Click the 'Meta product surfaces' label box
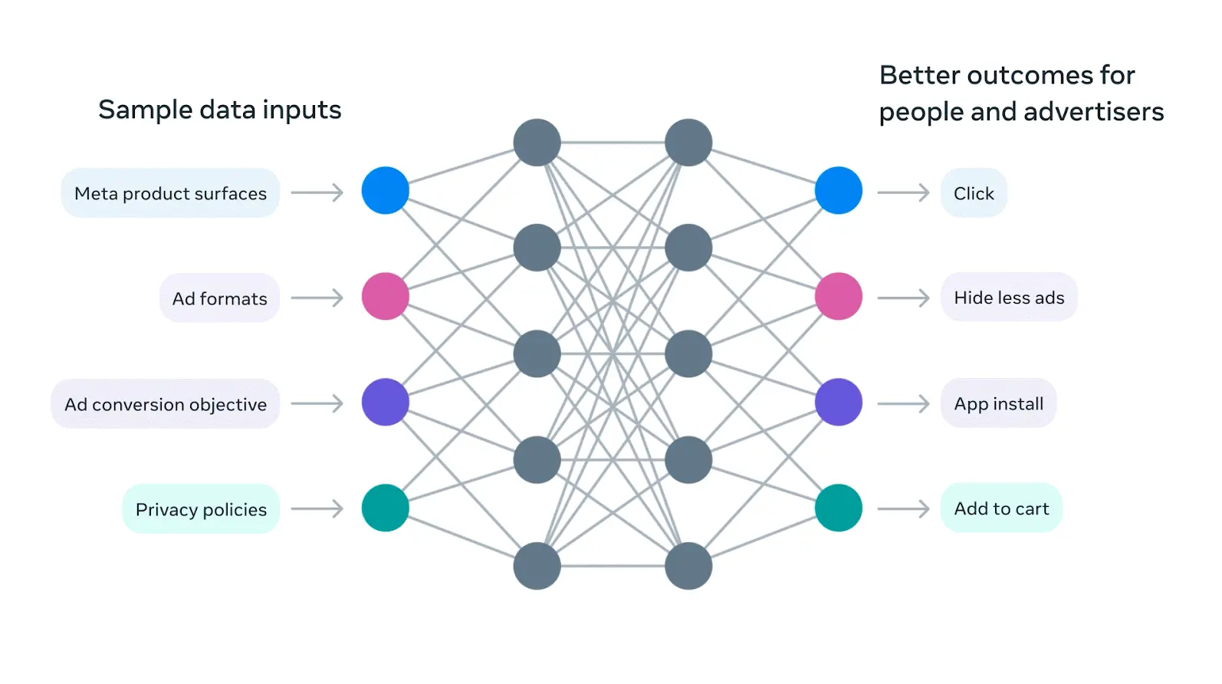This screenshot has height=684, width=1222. click(x=170, y=193)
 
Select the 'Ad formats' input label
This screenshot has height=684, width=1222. click(x=219, y=298)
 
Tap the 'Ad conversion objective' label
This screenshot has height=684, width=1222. click(x=166, y=404)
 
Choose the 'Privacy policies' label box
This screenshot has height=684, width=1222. click(x=201, y=509)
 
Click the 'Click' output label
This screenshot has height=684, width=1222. click(x=974, y=193)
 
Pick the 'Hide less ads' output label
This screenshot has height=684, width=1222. click(x=1009, y=298)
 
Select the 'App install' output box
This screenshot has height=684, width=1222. click(x=998, y=403)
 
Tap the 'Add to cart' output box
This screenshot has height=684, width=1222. click(x=1001, y=508)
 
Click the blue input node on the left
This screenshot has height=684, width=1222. click(x=385, y=190)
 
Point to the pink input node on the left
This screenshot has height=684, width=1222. click(x=385, y=296)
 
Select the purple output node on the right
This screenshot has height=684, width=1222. click(x=839, y=402)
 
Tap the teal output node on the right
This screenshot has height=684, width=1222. click(x=839, y=508)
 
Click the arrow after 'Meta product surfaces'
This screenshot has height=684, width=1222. click(x=317, y=192)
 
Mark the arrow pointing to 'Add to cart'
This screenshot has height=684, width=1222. click(x=903, y=508)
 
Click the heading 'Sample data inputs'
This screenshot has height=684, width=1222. click(x=220, y=110)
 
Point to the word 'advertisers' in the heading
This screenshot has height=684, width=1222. click(x=1093, y=112)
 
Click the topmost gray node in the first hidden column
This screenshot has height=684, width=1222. click(x=537, y=143)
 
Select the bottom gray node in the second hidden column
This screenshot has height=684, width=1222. click(x=688, y=566)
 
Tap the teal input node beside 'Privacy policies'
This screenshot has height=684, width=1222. click(x=385, y=508)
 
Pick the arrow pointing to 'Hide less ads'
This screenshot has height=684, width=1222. click(x=903, y=298)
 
